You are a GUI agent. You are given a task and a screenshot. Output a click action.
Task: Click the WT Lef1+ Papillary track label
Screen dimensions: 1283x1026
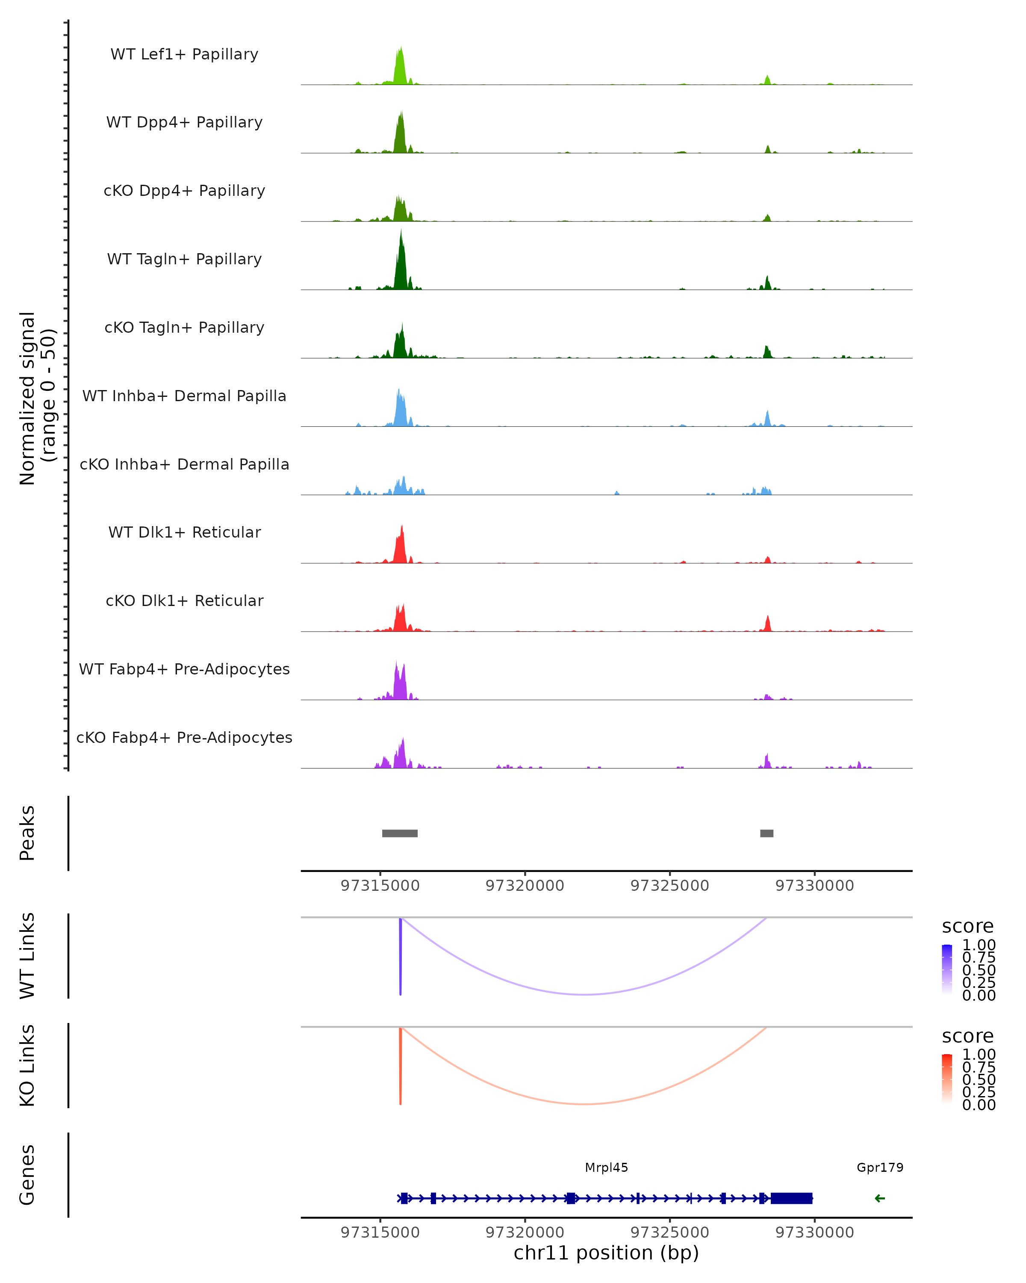pos(184,54)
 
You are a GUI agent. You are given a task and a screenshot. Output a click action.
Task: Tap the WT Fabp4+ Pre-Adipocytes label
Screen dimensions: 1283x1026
pos(184,669)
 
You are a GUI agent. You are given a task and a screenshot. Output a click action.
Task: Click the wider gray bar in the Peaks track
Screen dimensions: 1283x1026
pos(400,833)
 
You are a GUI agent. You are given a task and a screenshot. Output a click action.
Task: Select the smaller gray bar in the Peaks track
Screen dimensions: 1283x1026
pos(767,833)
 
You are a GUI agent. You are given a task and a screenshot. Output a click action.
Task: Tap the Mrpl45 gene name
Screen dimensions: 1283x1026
pos(606,1167)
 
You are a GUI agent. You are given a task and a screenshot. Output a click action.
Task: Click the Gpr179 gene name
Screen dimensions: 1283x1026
pos(880,1167)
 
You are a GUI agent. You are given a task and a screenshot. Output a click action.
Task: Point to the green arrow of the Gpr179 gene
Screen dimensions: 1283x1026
pos(880,1198)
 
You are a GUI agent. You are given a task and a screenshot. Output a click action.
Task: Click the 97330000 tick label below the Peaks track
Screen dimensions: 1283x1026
pos(814,886)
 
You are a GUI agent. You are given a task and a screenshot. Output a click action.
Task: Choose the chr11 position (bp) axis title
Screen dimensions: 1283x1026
pos(606,1253)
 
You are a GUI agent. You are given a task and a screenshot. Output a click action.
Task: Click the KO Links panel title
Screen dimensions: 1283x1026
pos(27,1065)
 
